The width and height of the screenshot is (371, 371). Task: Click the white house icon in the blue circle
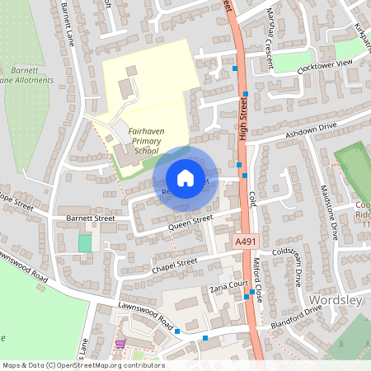point(185,178)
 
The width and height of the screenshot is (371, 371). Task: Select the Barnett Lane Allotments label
point(26,75)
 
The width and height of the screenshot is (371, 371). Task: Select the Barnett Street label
point(90,218)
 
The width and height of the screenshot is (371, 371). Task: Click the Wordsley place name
point(336,300)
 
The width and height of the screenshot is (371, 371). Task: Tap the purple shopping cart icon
point(121,343)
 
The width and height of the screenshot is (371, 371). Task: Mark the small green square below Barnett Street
point(85,243)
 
